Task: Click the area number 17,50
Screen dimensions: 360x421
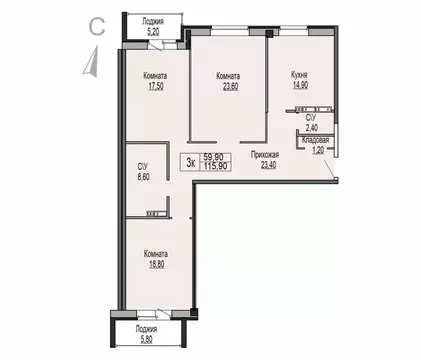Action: [153, 85]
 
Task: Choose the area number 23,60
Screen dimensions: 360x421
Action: [230, 85]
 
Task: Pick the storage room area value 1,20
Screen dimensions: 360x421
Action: [317, 150]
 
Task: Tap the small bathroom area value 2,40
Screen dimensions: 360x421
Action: [311, 127]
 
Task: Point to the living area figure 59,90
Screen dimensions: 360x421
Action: [213, 156]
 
